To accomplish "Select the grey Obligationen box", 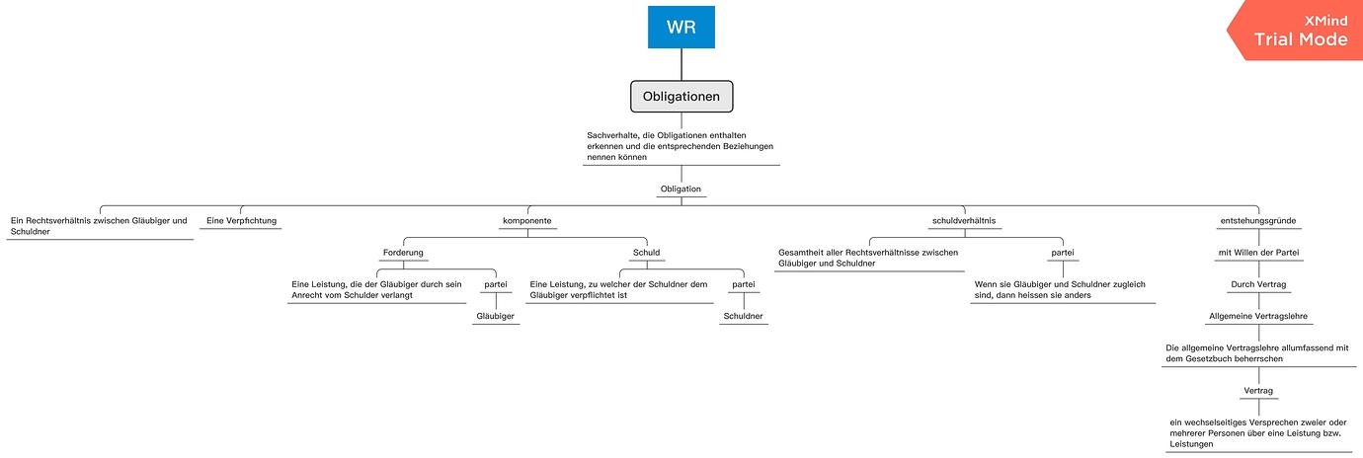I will tap(681, 97).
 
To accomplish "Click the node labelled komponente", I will tap(526, 220).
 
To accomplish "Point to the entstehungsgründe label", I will tap(1258, 220).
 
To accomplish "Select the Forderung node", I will tap(403, 252).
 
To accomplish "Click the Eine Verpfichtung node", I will tap(242, 220).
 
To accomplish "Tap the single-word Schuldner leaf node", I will tap(743, 316).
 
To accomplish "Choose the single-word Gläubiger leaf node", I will tap(496, 316).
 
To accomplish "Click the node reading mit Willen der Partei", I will tap(1258, 252).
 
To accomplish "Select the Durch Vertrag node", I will tap(1258, 283).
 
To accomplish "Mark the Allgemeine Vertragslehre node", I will tap(1258, 316).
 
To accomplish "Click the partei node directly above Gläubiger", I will tap(496, 284).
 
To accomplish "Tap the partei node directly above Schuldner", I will tap(743, 284).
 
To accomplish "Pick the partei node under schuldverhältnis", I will tap(1063, 252).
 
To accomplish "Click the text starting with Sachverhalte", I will tap(681, 145).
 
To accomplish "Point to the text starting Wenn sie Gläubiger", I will tap(1063, 289).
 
